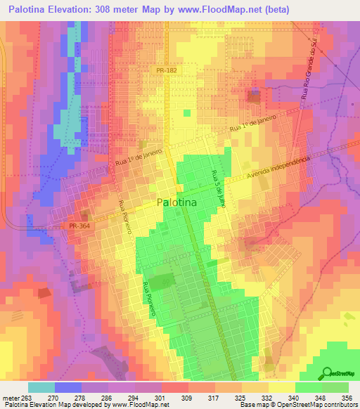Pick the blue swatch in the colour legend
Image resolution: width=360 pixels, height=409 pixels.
tap(68, 387)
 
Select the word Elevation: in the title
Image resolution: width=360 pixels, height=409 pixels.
tap(75, 10)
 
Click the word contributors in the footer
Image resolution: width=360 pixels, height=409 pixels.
tap(339, 405)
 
